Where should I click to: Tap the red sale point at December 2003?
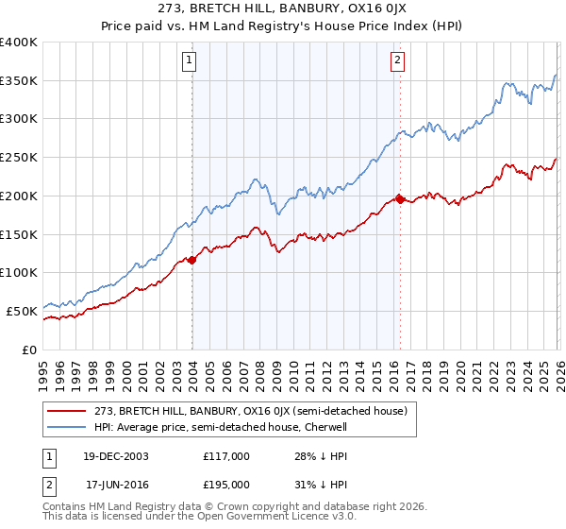(192, 259)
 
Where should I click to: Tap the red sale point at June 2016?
(400, 199)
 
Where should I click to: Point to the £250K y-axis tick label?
(19, 158)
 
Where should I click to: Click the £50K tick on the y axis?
(22, 311)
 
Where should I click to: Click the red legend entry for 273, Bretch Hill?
(250, 411)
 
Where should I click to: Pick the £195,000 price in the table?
(226, 484)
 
